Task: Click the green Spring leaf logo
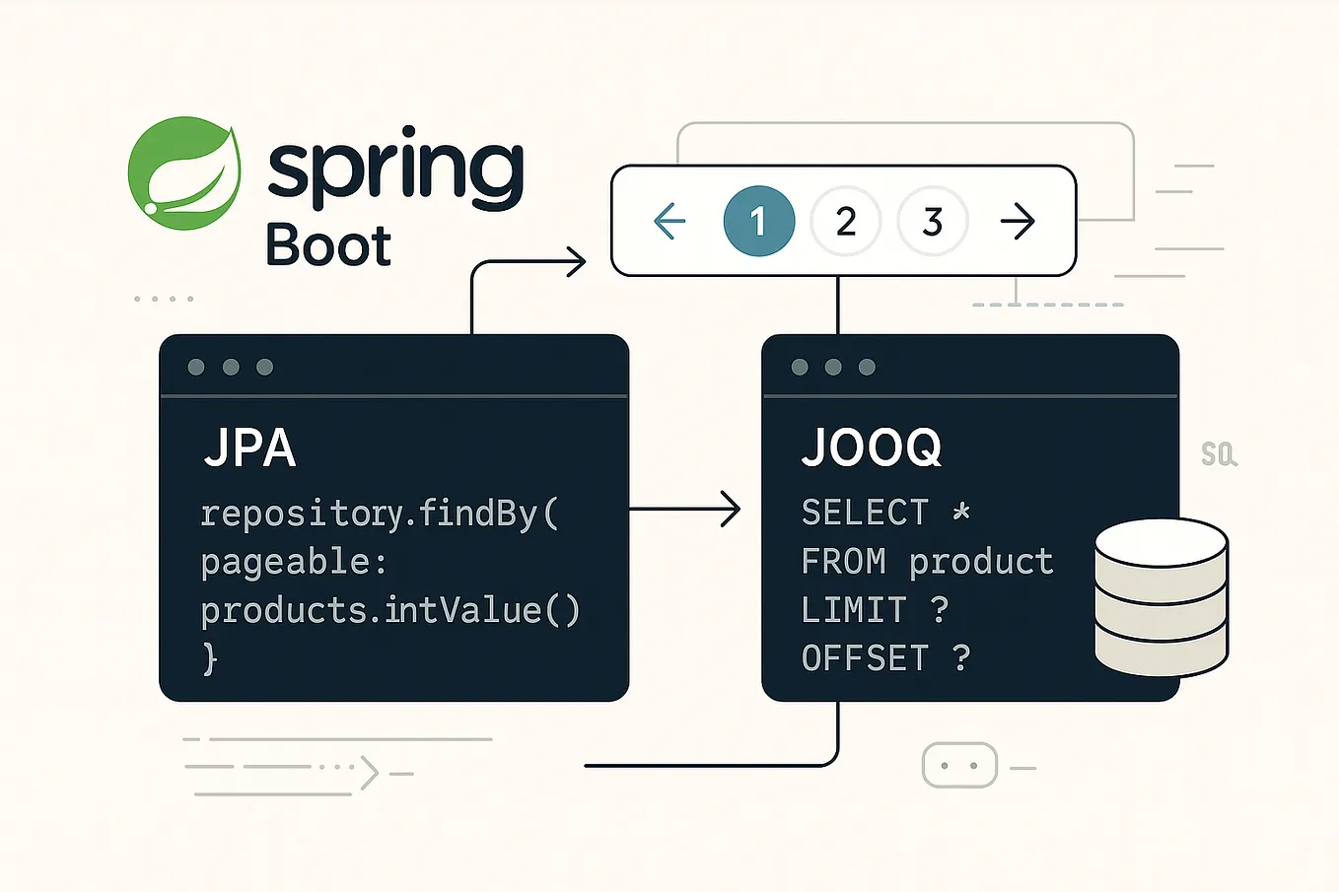click(x=184, y=173)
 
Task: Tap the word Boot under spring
click(x=328, y=245)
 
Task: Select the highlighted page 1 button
click(x=758, y=222)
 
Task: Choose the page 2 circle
click(x=845, y=222)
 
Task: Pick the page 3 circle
click(x=932, y=222)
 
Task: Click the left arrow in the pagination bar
click(x=669, y=222)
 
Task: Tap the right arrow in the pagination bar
click(x=1018, y=222)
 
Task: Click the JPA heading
click(x=249, y=448)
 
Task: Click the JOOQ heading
click(x=872, y=448)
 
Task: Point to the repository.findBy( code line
click(x=380, y=514)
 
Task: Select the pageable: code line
click(x=294, y=562)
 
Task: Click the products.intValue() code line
click(x=390, y=610)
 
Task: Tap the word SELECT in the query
click(x=865, y=513)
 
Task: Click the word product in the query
click(x=981, y=561)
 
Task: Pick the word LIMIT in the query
click(x=854, y=609)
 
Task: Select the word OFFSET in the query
click(x=865, y=657)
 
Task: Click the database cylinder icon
click(x=1161, y=597)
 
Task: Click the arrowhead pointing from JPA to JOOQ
click(x=731, y=509)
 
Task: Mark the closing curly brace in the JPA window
click(x=209, y=657)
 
